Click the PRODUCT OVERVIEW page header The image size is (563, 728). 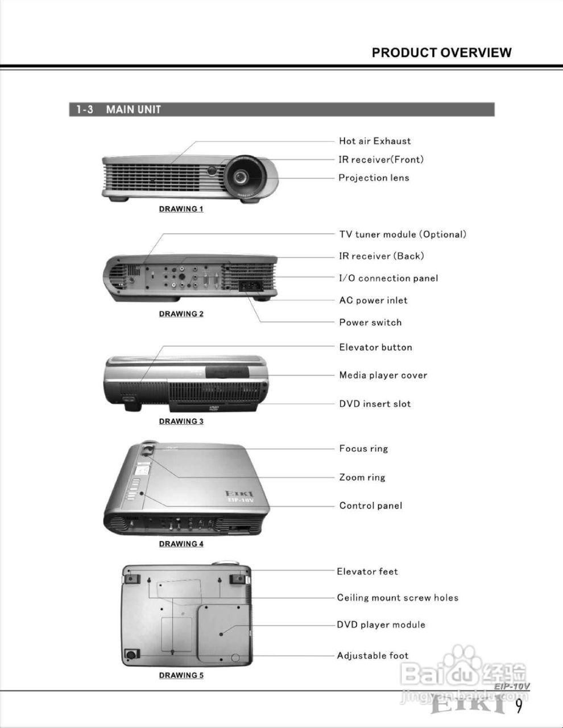coord(441,53)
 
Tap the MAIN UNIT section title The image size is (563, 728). coord(133,109)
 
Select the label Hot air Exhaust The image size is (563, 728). coord(374,141)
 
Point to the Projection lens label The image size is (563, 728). coord(374,177)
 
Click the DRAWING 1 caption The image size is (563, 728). coord(181,209)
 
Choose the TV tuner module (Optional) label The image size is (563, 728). coord(403,234)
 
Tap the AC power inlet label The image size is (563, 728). coord(373,300)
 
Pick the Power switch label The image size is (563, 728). coord(370,322)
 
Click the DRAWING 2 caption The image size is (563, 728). coord(181,314)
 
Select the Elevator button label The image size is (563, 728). coord(375,348)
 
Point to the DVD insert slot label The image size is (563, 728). coord(375,404)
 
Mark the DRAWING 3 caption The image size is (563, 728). coord(181,421)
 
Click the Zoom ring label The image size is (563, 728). coord(362,477)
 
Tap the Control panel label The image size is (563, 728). coord(370,506)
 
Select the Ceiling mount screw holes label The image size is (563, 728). coord(398,598)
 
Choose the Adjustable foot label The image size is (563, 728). coord(372,656)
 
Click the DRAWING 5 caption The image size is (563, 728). coord(181,676)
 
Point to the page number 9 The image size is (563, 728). coord(519,706)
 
